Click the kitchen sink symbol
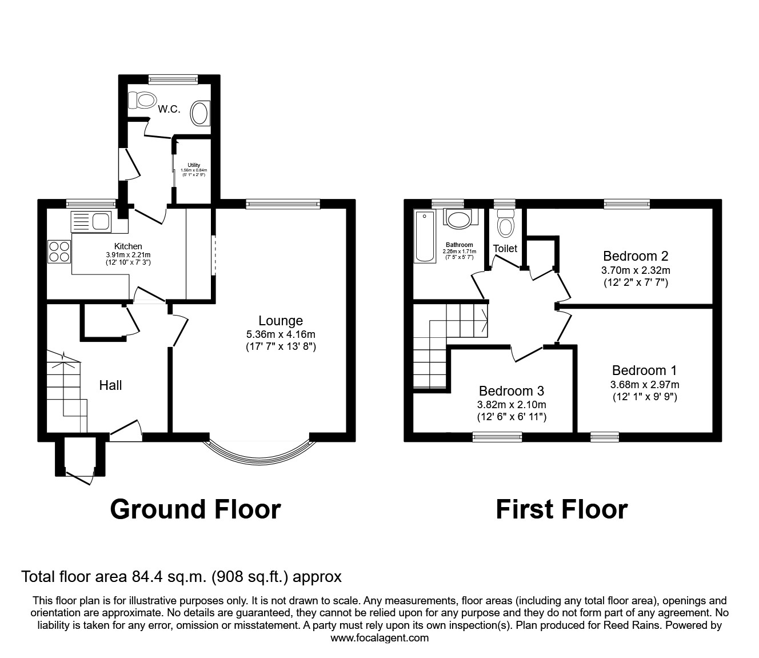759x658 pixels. (x=91, y=221)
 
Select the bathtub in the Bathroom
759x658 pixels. (x=424, y=236)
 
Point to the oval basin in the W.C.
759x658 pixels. (x=200, y=113)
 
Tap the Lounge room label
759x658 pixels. (x=280, y=321)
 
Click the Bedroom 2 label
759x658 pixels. (x=636, y=256)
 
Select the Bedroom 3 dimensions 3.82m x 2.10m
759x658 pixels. (x=511, y=405)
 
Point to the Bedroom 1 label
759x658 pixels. (x=645, y=370)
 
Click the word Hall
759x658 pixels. (x=110, y=385)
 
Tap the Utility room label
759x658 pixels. (x=194, y=165)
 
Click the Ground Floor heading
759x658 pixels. (x=195, y=509)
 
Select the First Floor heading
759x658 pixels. (x=561, y=509)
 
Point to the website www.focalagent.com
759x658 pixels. (x=379, y=638)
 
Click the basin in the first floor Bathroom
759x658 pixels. (x=458, y=219)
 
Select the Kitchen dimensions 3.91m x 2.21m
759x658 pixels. (x=128, y=255)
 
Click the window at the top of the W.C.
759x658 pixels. (x=173, y=79)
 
